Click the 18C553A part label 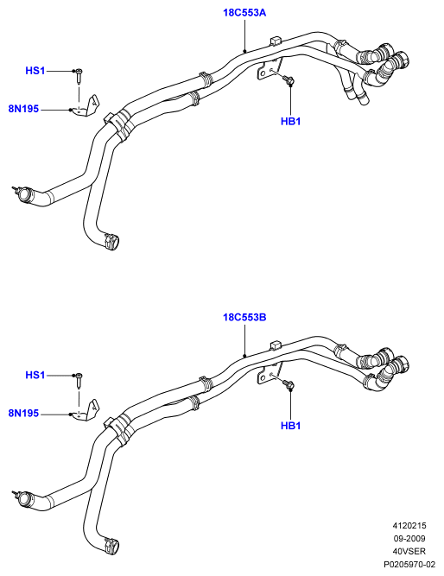click(244, 13)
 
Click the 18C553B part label click(244, 317)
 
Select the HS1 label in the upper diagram click(35, 71)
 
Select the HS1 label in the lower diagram click(35, 375)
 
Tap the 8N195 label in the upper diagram click(23, 109)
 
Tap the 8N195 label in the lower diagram click(23, 414)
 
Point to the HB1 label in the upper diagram click(290, 121)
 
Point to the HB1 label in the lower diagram click(290, 426)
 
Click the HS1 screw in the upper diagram click(79, 75)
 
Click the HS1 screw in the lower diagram click(79, 380)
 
